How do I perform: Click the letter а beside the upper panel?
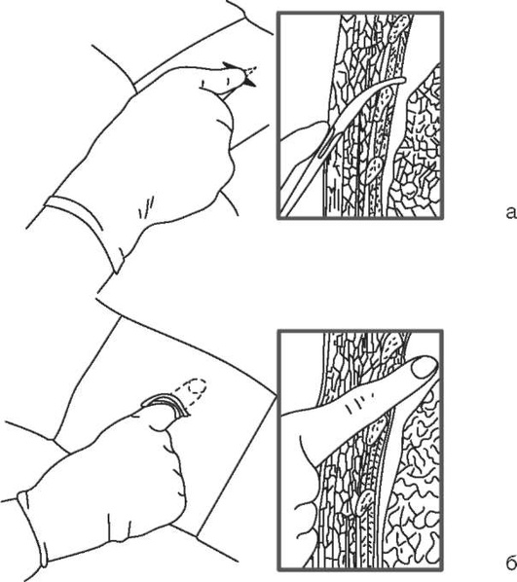pos(511,213)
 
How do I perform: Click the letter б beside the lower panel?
pos(511,563)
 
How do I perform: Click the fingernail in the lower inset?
pos(424,368)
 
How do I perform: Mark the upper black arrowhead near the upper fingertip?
pos(231,66)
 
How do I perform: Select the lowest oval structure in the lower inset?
pos(365,503)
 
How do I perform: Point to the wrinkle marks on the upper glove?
pos(146,206)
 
